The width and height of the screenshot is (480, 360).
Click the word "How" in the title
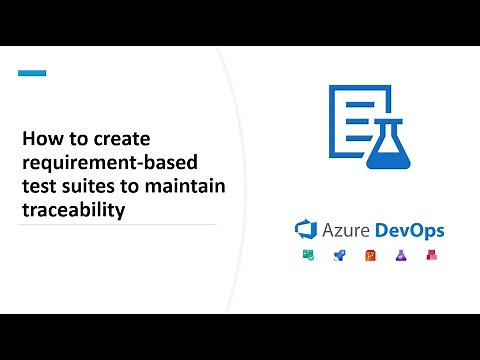point(41,139)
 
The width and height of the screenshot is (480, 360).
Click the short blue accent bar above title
point(33,72)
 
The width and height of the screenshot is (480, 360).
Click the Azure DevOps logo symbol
point(305,230)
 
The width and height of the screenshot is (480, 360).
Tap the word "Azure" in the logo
point(346,230)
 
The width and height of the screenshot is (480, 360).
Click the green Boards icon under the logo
point(308,256)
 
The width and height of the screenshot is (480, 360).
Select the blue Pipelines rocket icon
point(339,256)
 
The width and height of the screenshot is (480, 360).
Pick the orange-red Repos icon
point(370,256)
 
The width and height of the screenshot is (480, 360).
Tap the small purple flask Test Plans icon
point(401,256)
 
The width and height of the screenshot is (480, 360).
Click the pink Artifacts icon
point(432,256)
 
